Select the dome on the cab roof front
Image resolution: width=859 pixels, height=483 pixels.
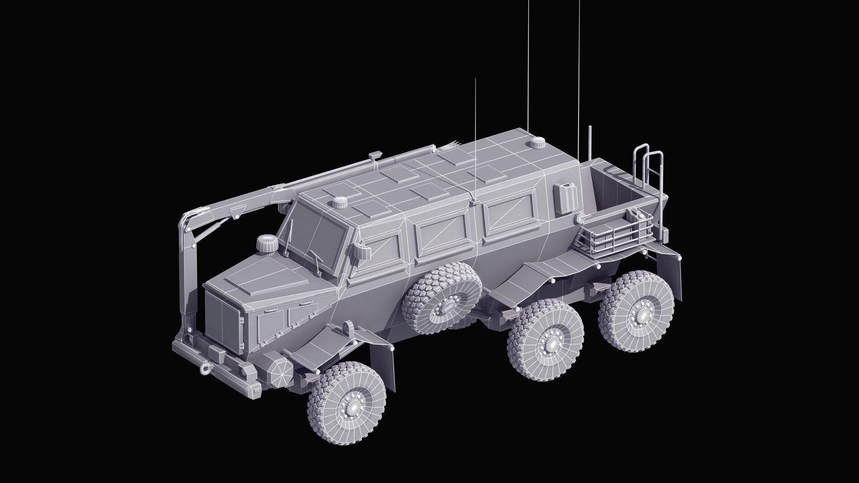340,203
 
